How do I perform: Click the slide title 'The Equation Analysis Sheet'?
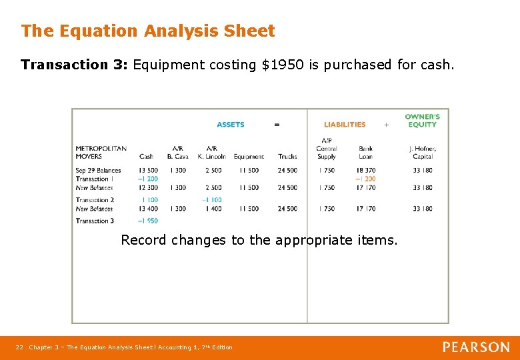(x=147, y=31)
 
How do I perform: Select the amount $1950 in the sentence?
(x=279, y=65)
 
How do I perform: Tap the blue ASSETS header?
(x=231, y=125)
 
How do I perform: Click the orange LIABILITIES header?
(x=345, y=125)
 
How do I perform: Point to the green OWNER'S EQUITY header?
(x=422, y=121)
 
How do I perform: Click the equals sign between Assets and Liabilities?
(x=277, y=125)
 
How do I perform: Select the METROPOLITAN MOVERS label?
(x=101, y=153)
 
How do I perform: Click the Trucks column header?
(x=287, y=157)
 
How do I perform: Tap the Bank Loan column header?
(x=365, y=153)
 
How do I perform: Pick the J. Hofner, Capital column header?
(x=423, y=153)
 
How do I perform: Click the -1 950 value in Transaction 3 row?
(x=147, y=221)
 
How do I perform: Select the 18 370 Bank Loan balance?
(x=365, y=171)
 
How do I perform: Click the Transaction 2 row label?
(x=95, y=200)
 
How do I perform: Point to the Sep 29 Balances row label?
(x=98, y=171)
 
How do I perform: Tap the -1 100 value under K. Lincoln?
(x=211, y=200)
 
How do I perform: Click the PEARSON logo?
(x=476, y=347)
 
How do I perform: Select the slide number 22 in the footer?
(x=19, y=347)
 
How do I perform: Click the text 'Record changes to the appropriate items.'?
(x=259, y=240)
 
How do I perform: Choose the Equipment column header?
(x=249, y=157)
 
